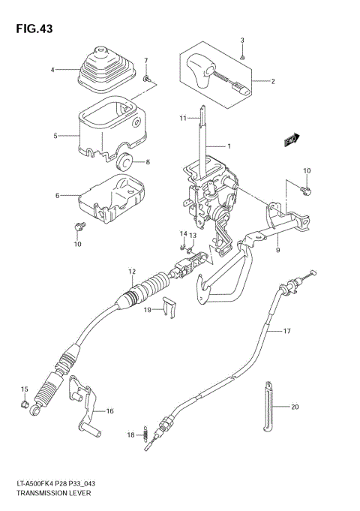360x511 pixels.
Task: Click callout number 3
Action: point(242,40)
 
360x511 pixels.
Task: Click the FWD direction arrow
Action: point(292,140)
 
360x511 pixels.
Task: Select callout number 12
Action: point(131,271)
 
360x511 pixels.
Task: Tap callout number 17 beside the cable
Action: point(286,331)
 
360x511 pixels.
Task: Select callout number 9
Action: point(277,250)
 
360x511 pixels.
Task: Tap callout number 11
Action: point(182,119)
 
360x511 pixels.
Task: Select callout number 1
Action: point(229,145)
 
